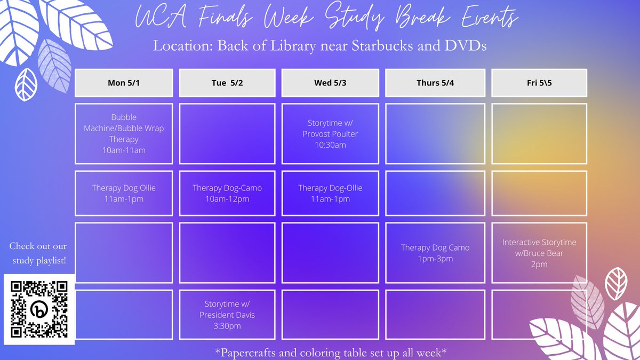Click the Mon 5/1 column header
pyautogui.click(x=124, y=83)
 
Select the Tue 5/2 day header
pyautogui.click(x=227, y=83)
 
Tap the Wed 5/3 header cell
pyautogui.click(x=330, y=83)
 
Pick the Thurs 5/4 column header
pyautogui.click(x=435, y=83)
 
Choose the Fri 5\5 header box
pyautogui.click(x=539, y=83)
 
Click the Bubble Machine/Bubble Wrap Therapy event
pyautogui.click(x=124, y=133)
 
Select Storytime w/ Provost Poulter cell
pyautogui.click(x=330, y=133)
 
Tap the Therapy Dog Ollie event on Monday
pyautogui.click(x=124, y=193)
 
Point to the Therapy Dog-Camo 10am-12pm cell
pyautogui.click(x=227, y=193)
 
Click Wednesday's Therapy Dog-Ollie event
pyautogui.click(x=330, y=193)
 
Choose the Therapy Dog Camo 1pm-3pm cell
pyautogui.click(x=435, y=253)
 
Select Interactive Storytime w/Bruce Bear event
pyautogui.click(x=539, y=253)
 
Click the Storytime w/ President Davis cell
pyautogui.click(x=227, y=315)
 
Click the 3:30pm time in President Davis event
pyautogui.click(x=227, y=325)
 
